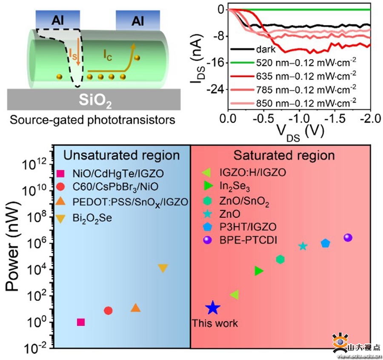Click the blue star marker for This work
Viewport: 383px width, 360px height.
click(x=213, y=308)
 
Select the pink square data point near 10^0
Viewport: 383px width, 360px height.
click(x=81, y=322)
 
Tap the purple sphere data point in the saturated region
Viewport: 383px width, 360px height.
click(x=348, y=238)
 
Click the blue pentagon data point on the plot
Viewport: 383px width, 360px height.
click(x=326, y=243)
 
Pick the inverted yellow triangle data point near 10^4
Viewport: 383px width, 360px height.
click(x=163, y=268)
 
